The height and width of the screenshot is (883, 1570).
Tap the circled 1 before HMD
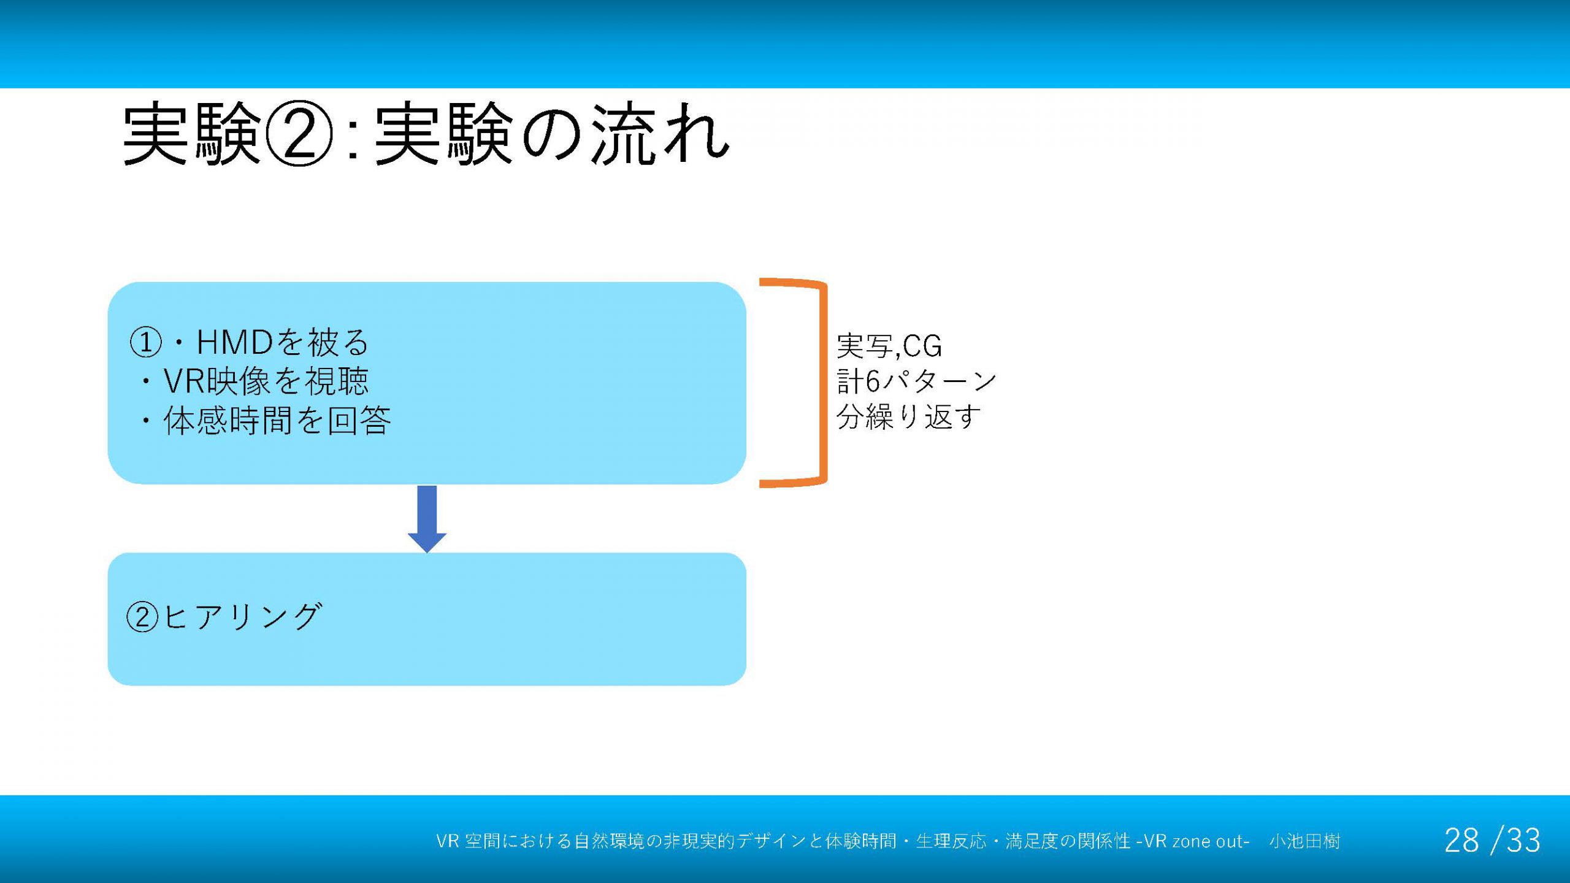tap(145, 342)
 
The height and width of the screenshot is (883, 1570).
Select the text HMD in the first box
tap(234, 342)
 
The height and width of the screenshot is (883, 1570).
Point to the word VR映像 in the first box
tap(216, 381)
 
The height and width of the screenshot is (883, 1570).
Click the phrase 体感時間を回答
tap(277, 421)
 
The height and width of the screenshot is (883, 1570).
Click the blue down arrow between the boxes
tap(427, 519)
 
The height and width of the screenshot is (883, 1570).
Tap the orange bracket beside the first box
tap(823, 383)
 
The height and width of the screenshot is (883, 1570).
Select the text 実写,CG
tap(889, 346)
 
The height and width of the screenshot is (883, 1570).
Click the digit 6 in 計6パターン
tap(873, 382)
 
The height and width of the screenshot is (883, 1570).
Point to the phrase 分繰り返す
tap(908, 418)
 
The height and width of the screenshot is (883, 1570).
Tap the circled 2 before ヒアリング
tap(142, 616)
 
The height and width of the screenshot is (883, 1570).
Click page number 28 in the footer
tap(1461, 841)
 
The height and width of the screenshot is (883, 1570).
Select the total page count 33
tap(1523, 841)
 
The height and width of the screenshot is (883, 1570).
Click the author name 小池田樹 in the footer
tap(1304, 841)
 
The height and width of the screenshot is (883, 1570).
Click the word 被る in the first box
tap(339, 342)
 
